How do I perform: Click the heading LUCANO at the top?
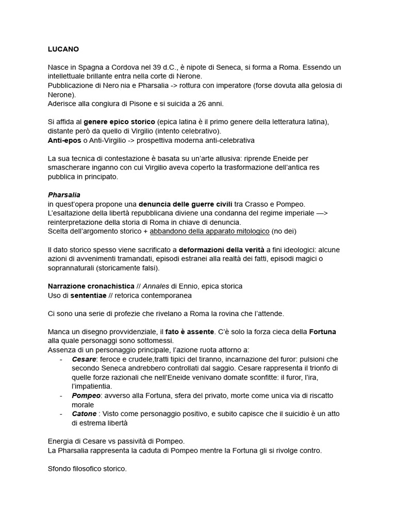[x=63, y=50]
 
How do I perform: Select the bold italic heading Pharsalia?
[x=64, y=195]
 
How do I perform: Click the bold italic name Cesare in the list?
[x=84, y=359]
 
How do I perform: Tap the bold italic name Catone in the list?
[x=84, y=414]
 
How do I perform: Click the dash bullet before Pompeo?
[x=62, y=395]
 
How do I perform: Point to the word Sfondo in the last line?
[x=61, y=469]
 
